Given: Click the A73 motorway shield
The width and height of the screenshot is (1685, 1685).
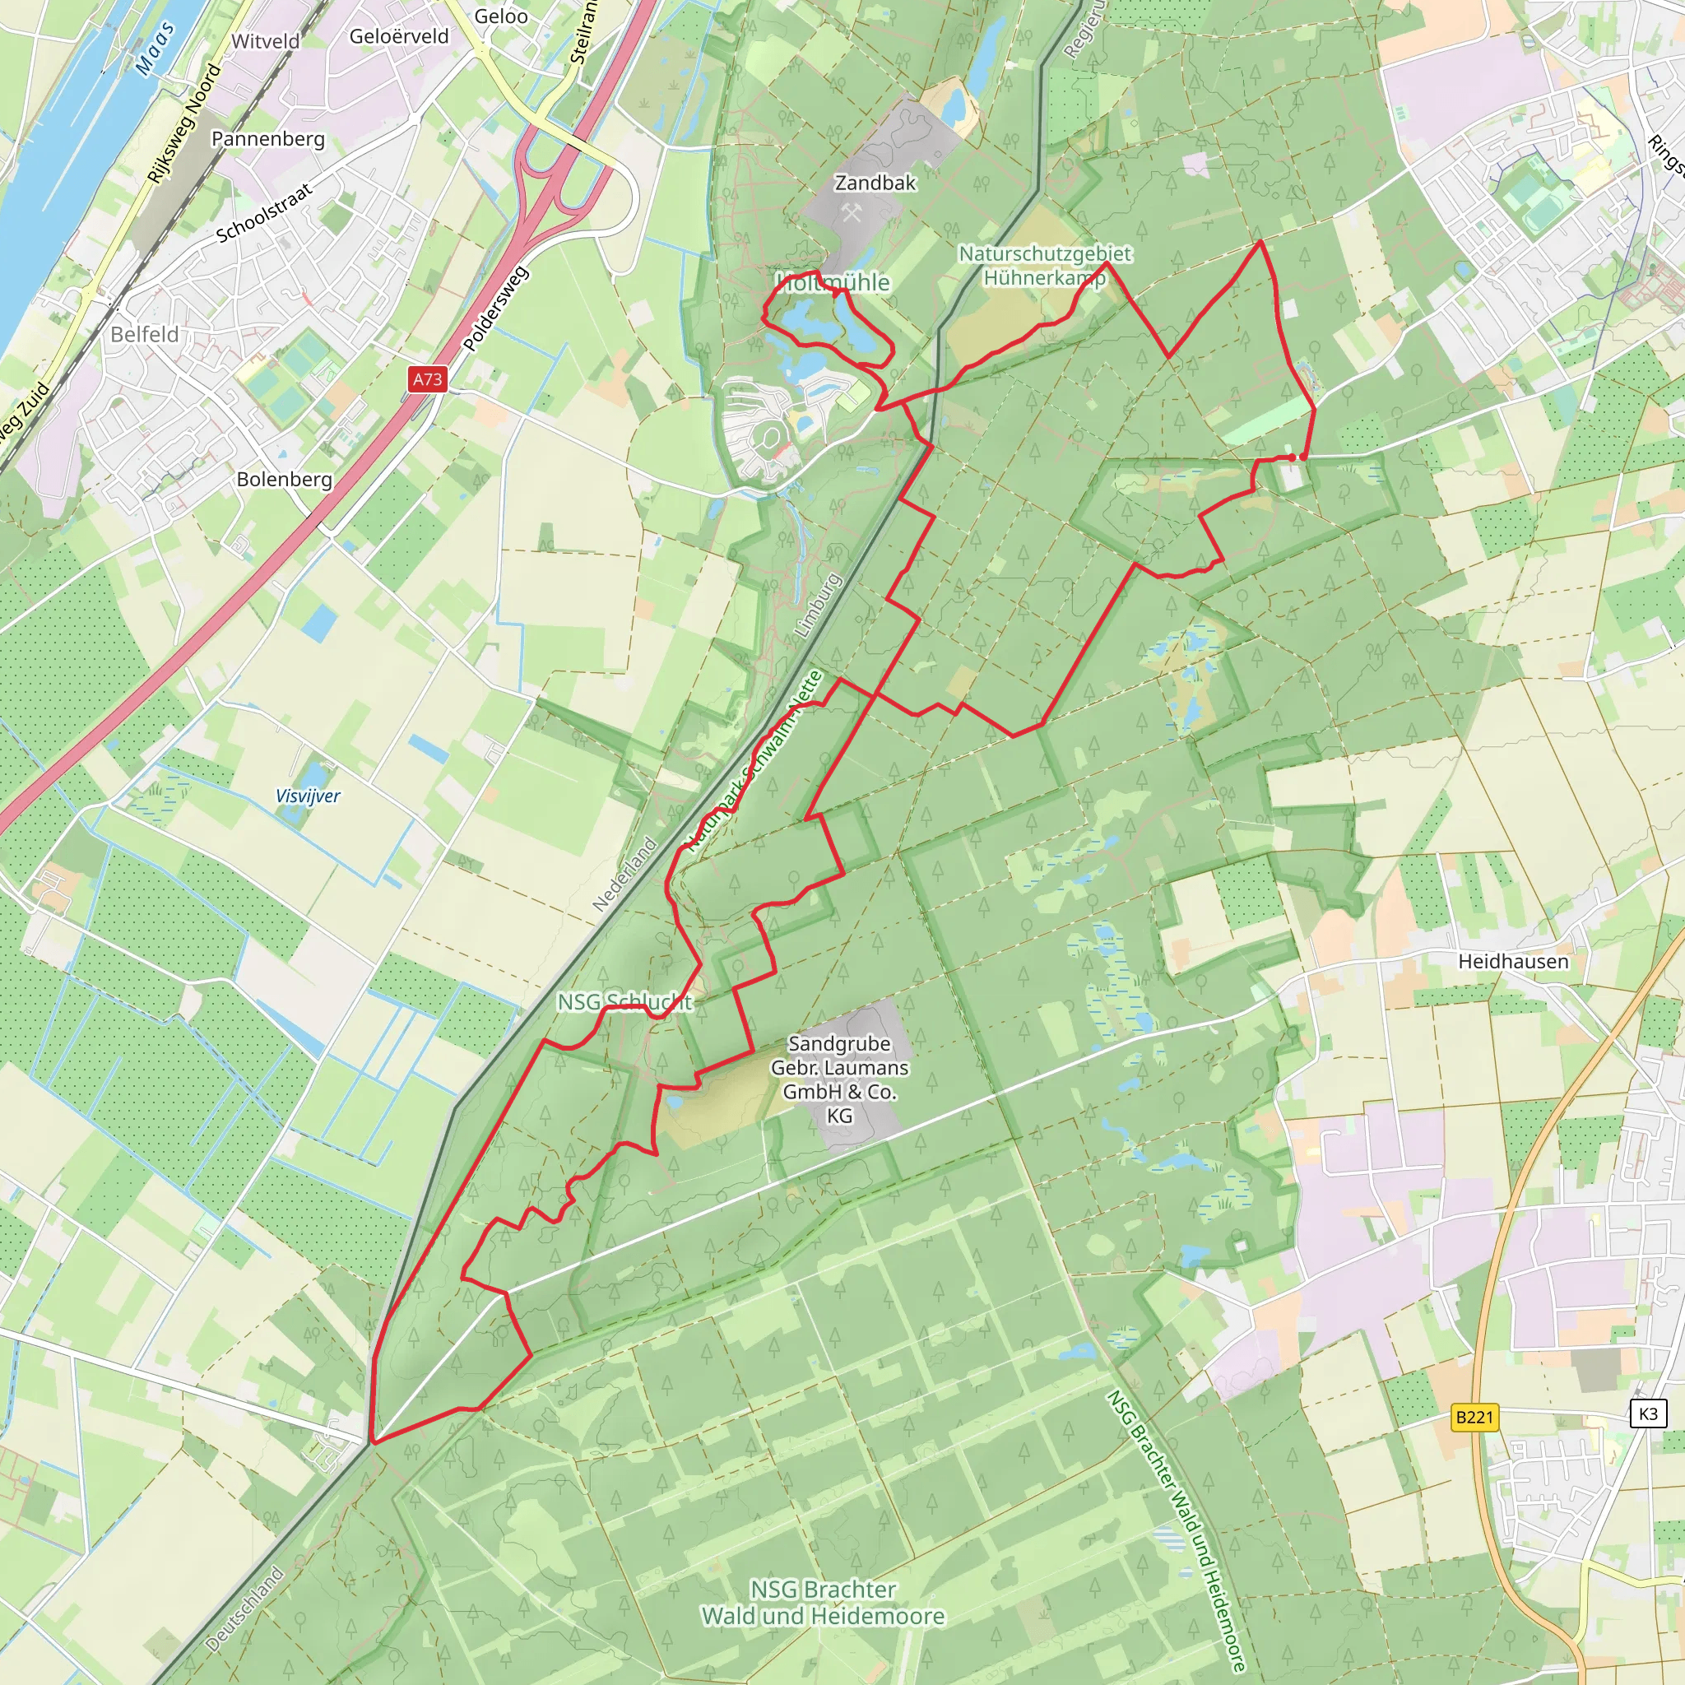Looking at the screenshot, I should coord(427,378).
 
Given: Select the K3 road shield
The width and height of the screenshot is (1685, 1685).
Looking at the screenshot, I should coord(1647,1413).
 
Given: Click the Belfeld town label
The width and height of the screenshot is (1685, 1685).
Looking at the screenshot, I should coord(145,335).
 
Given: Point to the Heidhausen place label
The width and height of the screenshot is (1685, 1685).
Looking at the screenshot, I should coord(1513,961).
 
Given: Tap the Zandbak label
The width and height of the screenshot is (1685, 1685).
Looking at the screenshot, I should coord(875,183).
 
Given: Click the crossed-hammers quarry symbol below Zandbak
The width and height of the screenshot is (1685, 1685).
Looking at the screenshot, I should coord(852,212).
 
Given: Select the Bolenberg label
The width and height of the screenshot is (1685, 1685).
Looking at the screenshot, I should coord(285,480).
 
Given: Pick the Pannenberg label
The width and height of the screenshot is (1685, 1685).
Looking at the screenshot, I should coord(267,140).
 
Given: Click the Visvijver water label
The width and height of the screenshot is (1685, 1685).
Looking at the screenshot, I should coord(308,796).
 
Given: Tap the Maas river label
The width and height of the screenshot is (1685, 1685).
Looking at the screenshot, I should coord(156,49).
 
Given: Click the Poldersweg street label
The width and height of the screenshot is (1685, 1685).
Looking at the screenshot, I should coord(494,309).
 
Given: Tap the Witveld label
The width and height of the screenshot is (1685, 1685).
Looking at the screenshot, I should coord(265,42).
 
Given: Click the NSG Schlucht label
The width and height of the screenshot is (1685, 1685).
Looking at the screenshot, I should coord(624,1002).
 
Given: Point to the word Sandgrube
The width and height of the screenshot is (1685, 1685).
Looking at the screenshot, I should coord(839,1044).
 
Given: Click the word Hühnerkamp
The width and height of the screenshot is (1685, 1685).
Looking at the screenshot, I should coord(1044,278).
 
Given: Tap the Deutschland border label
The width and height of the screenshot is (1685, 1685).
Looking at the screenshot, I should coord(245,1609).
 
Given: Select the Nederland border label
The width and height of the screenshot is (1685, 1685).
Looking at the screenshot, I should coord(624,874).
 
